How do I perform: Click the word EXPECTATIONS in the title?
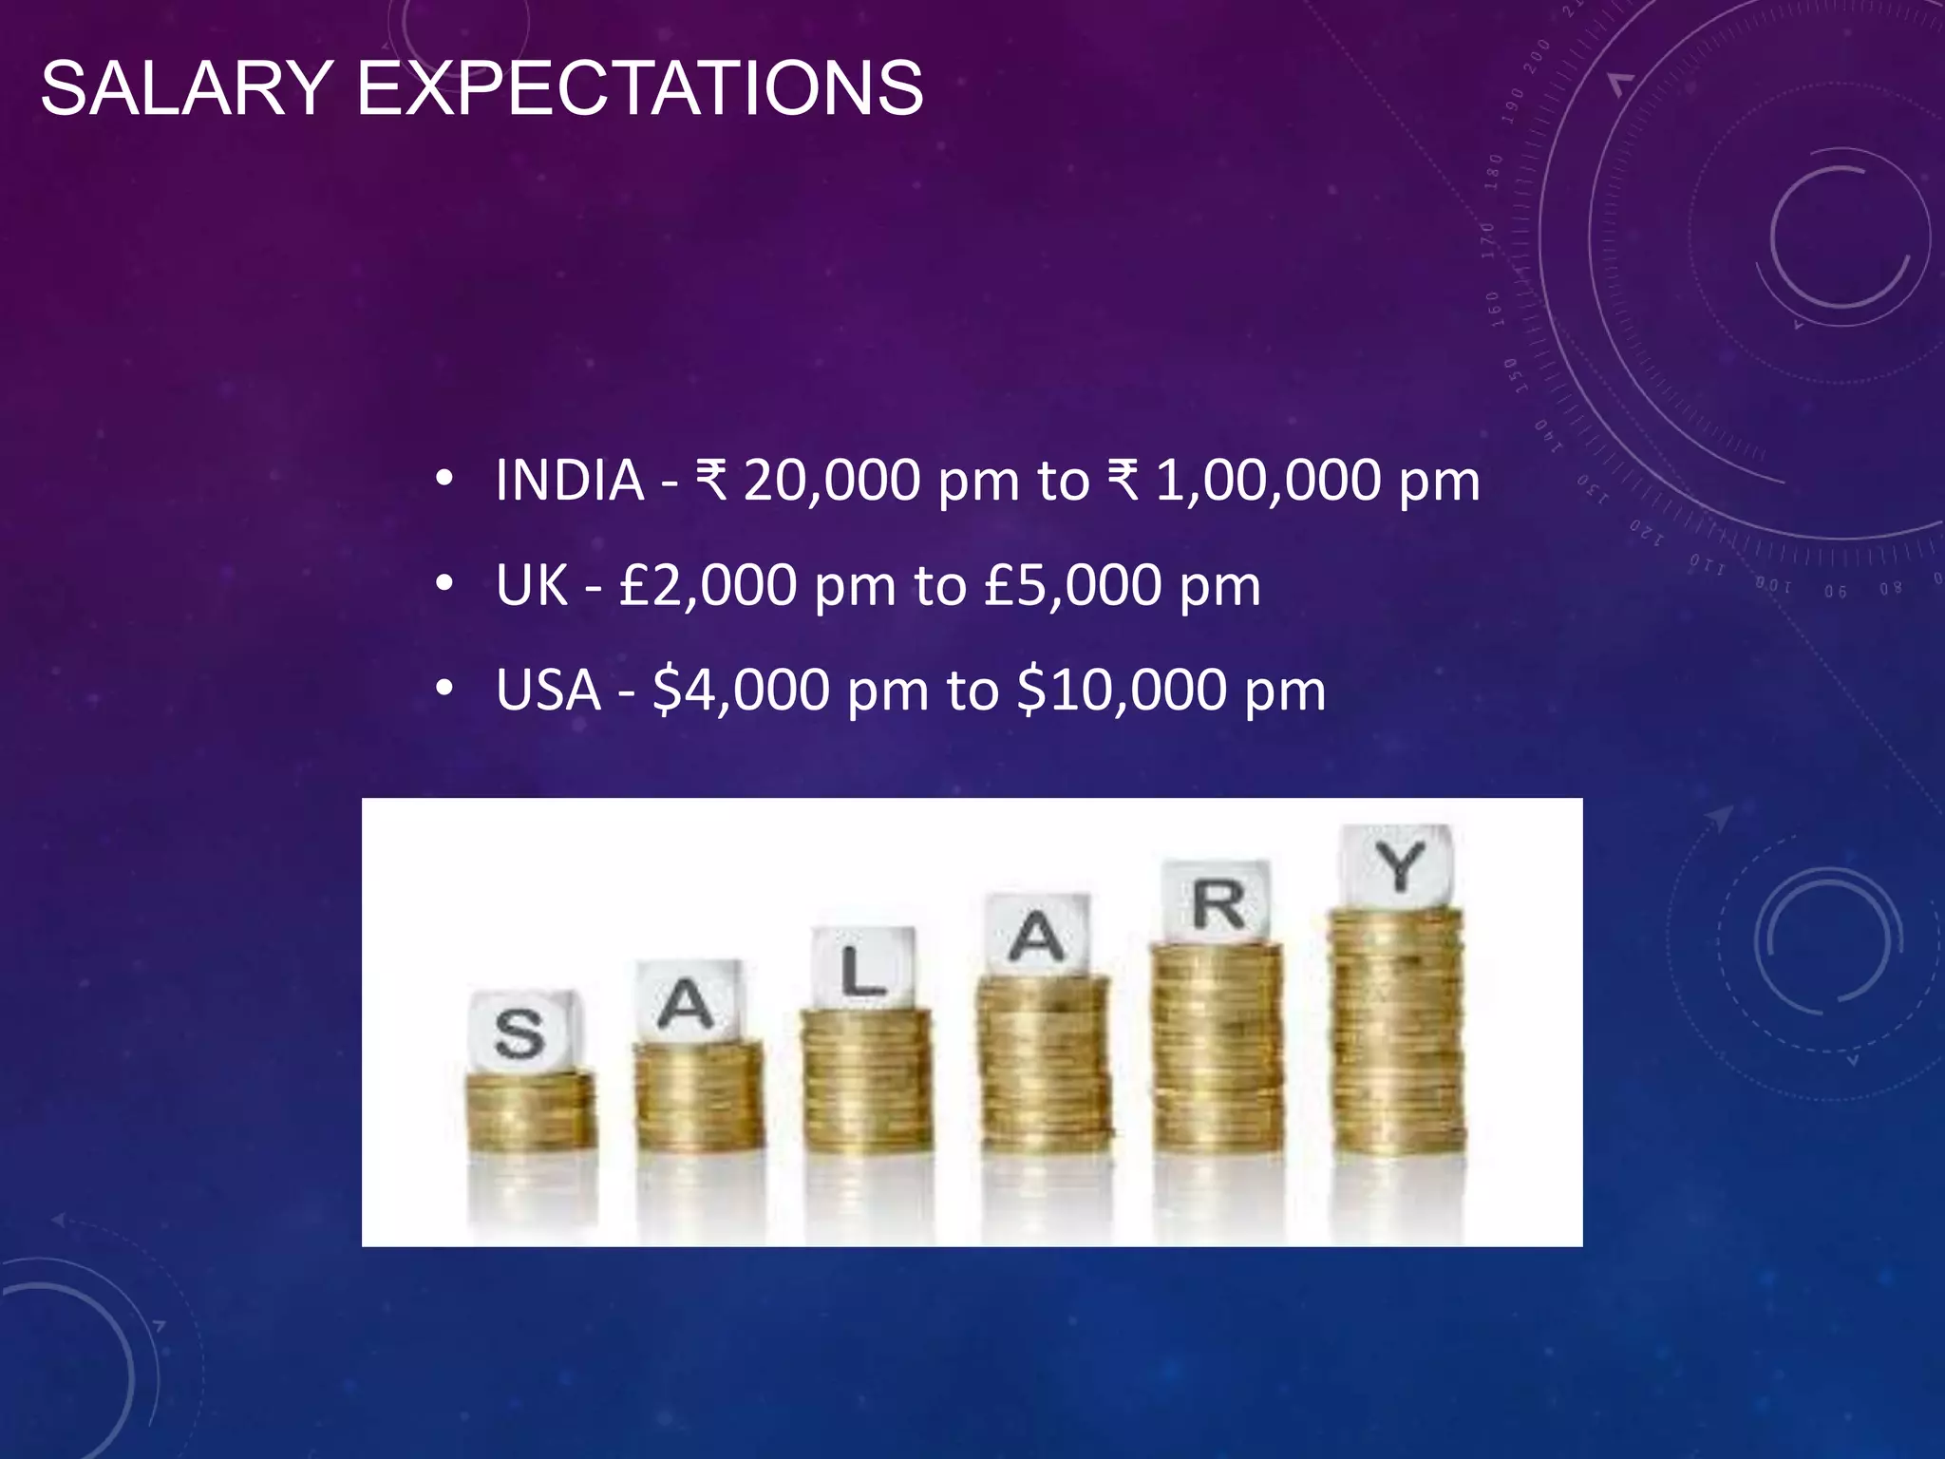[639, 88]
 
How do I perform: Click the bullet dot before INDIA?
[444, 480]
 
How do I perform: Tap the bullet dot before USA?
[444, 689]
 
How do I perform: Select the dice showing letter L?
[863, 969]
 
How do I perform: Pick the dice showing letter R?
[1218, 902]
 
